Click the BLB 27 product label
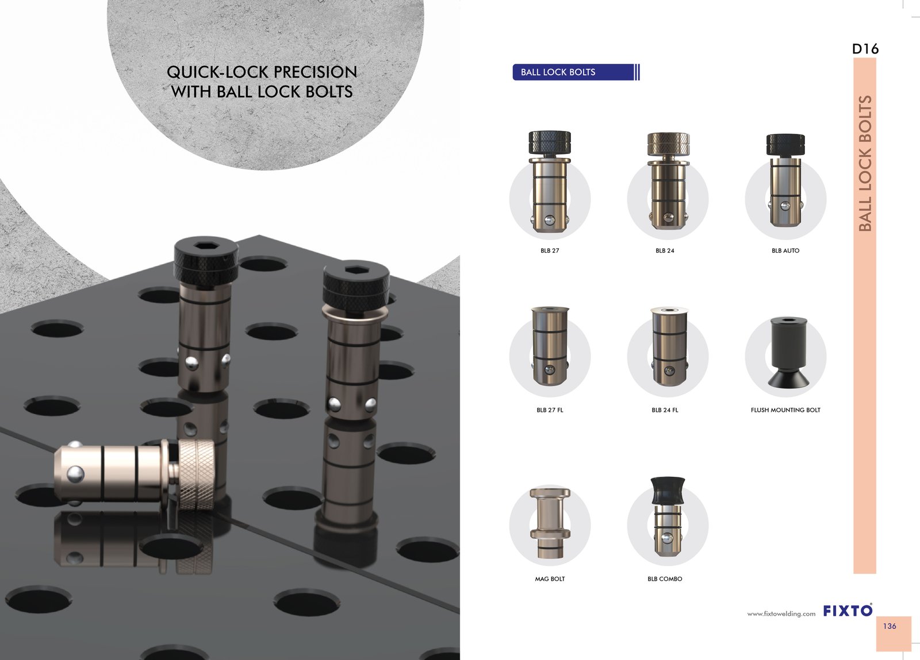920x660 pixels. click(x=550, y=250)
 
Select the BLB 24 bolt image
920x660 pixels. click(x=668, y=181)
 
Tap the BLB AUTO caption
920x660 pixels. click(x=785, y=250)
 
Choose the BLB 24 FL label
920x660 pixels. click(x=665, y=410)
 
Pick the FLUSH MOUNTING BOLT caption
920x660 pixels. click(x=785, y=410)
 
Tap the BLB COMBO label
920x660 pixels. click(x=665, y=579)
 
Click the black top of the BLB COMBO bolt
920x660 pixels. click(x=668, y=491)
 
